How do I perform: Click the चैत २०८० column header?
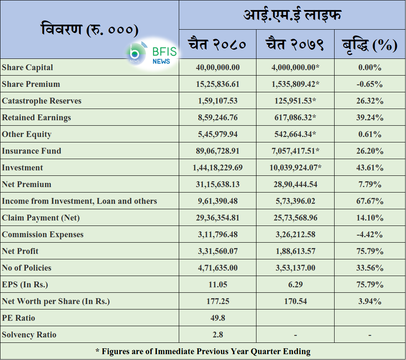coord(217,44)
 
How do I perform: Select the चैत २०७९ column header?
coord(295,44)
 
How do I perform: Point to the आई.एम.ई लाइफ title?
coord(292,15)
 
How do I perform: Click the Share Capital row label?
coord(28,68)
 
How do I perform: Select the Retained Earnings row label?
coord(36,118)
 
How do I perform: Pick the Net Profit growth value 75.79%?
coord(370,251)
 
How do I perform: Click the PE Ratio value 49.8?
coord(218,318)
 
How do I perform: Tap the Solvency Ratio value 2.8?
coord(218,335)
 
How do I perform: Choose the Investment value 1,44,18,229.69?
coord(218,168)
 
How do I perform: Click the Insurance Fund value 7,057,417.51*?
coord(295,151)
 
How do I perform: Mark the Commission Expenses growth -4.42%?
coord(370,235)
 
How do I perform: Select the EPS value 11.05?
coord(218,285)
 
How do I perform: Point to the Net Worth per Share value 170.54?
coord(295,302)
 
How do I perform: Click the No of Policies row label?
coord(26,268)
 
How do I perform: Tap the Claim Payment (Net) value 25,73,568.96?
coord(295,218)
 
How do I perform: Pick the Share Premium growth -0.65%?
coord(370,84)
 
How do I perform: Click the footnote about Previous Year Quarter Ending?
coord(203,352)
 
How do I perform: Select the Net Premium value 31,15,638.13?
coord(218,185)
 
